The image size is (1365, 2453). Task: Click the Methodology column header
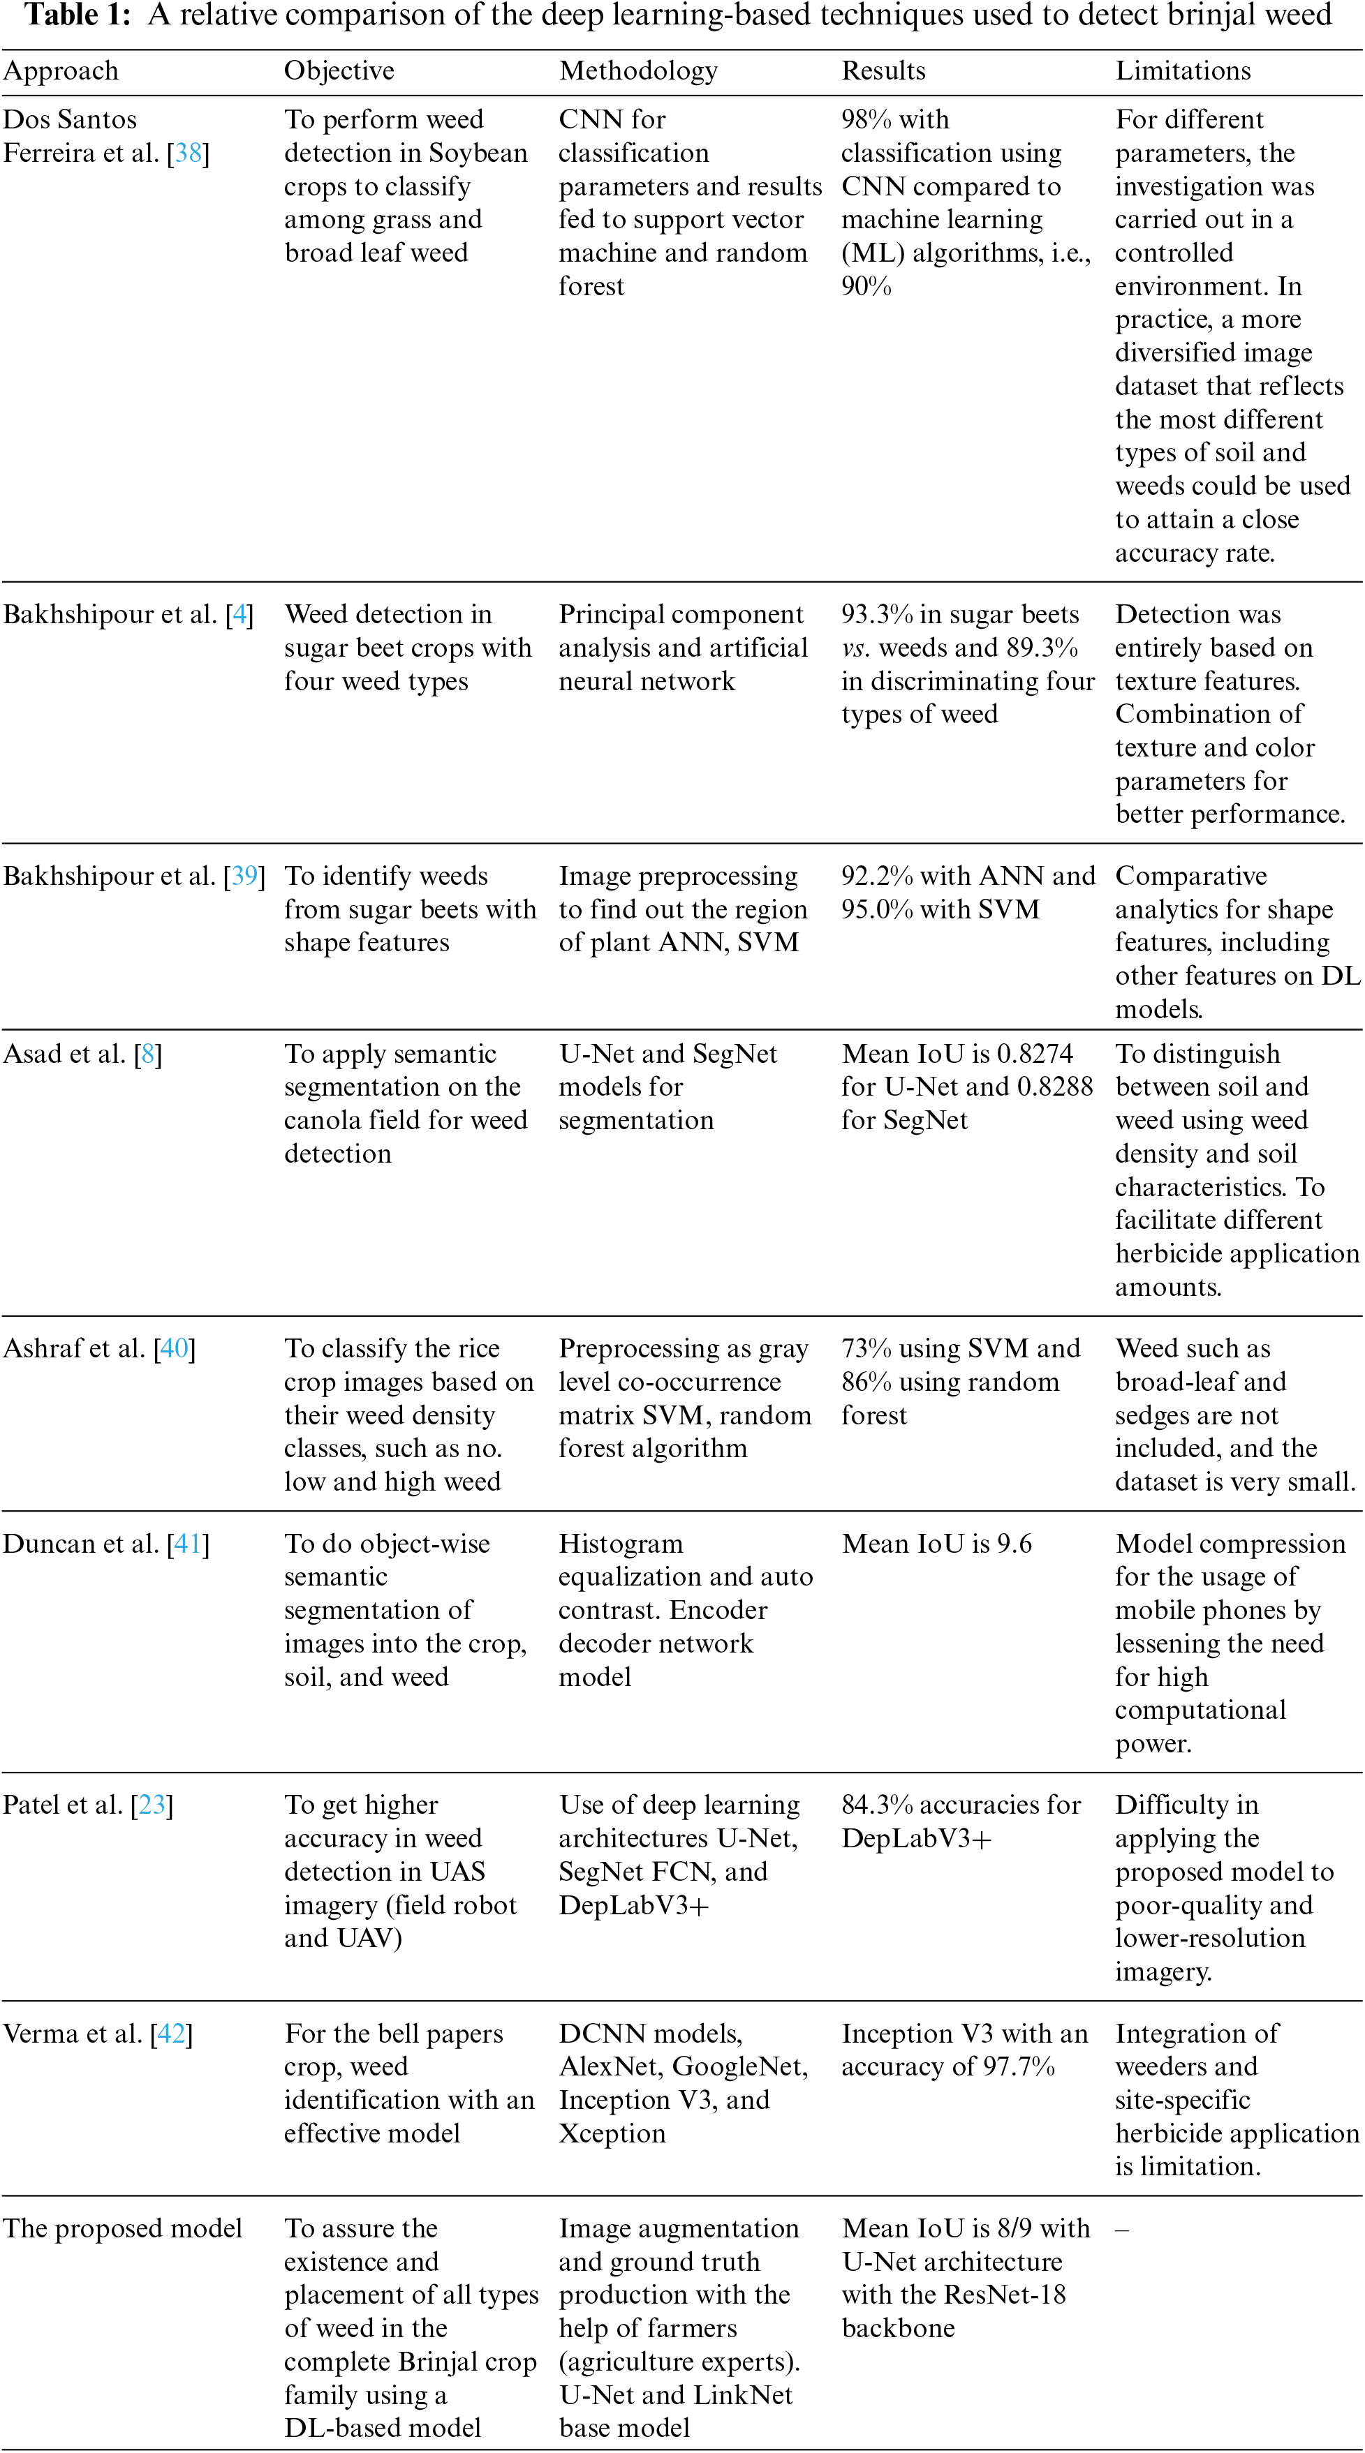pyautogui.click(x=637, y=71)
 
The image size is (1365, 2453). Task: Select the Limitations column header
pyautogui.click(x=1182, y=71)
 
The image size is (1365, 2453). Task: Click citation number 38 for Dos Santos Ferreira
pyautogui.click(x=188, y=154)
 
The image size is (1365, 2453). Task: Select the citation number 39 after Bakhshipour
pyautogui.click(x=245, y=876)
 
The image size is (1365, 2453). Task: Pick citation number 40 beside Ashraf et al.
pyautogui.click(x=175, y=1348)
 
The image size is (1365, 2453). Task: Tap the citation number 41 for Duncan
pyautogui.click(x=188, y=1544)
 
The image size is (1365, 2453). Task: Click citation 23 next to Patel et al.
pyautogui.click(x=152, y=1805)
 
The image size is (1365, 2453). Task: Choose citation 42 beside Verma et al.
pyautogui.click(x=172, y=2033)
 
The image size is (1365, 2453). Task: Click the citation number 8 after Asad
pyautogui.click(x=147, y=1054)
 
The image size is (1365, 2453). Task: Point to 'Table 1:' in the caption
pyautogui.click(x=76, y=15)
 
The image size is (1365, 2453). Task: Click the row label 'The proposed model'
pyautogui.click(x=122, y=2228)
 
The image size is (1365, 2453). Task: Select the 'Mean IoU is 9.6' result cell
pyautogui.click(x=936, y=1544)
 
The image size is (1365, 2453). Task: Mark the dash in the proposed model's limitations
pyautogui.click(x=1122, y=2228)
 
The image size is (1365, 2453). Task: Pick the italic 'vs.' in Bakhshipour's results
pyautogui.click(x=855, y=648)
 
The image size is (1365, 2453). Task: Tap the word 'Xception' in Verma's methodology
pyautogui.click(x=612, y=2133)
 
